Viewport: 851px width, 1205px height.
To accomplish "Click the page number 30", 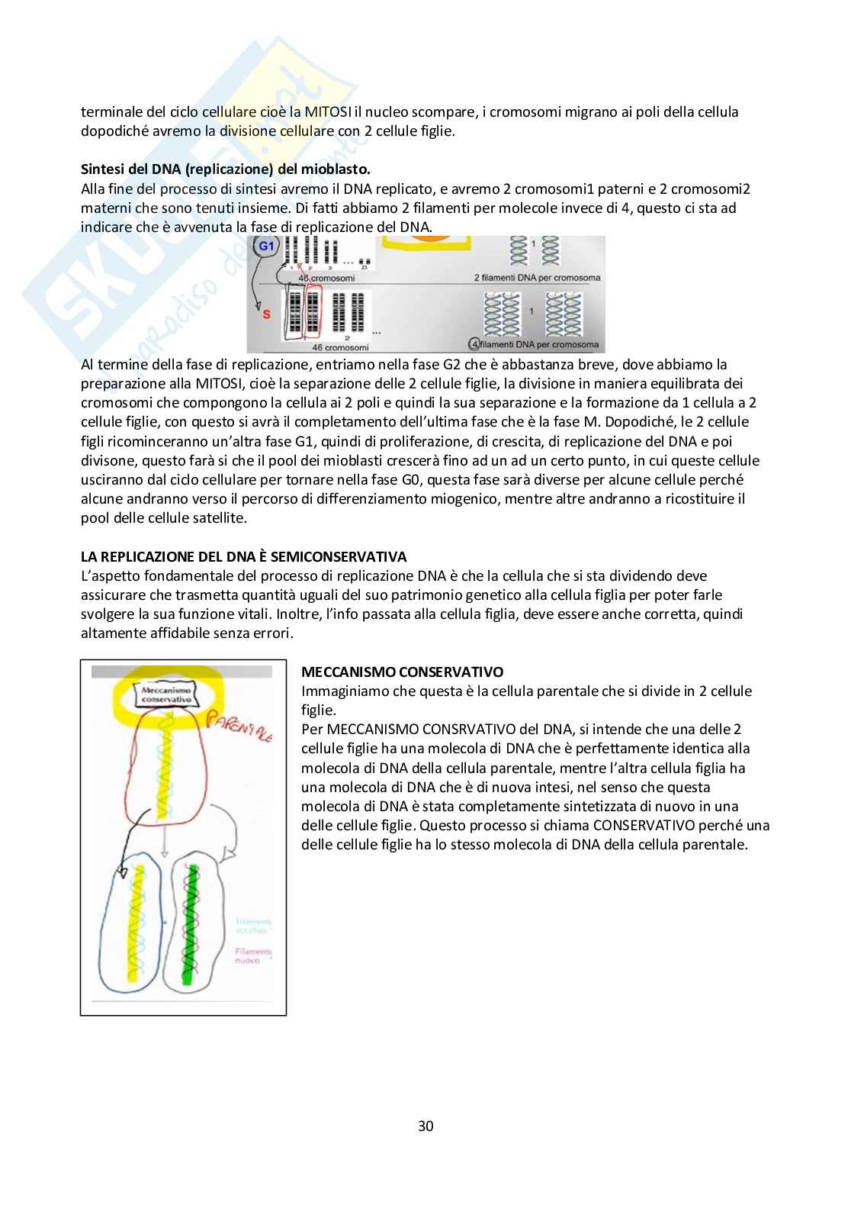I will point(425,1126).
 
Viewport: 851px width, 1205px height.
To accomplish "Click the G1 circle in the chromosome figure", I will point(266,246).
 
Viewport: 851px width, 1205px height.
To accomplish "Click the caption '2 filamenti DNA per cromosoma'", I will point(537,278).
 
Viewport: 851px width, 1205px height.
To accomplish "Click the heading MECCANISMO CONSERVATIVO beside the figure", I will point(403,672).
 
